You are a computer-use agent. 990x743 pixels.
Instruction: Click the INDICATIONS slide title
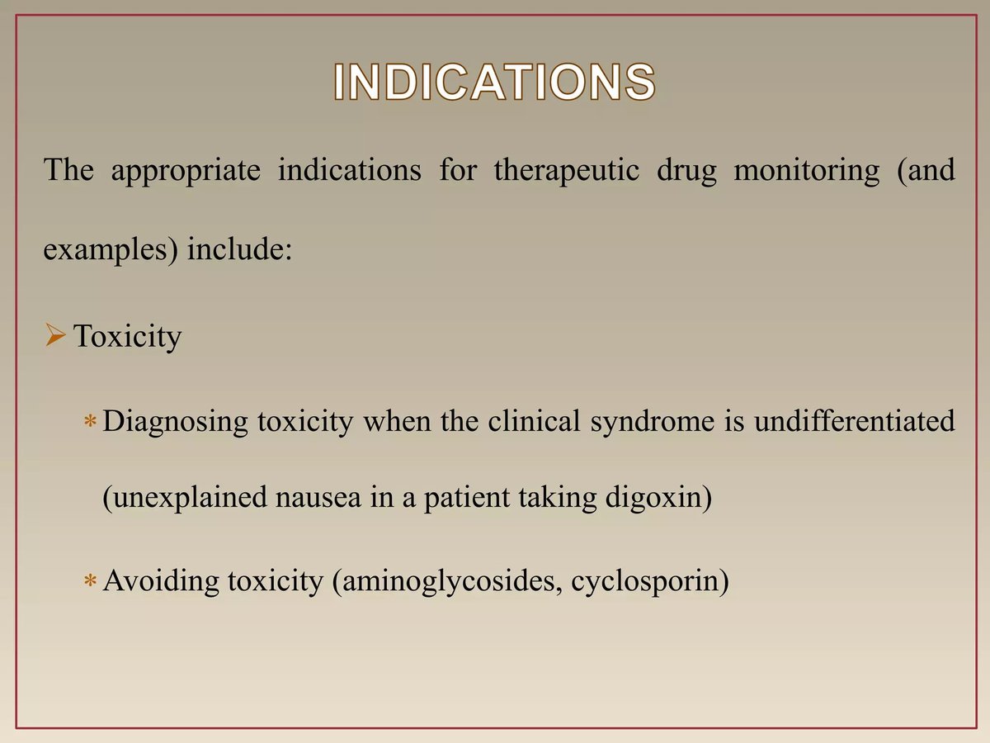click(x=495, y=83)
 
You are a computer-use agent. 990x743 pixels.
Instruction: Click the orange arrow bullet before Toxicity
click(x=54, y=336)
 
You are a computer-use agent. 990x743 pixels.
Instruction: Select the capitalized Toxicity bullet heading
click(x=127, y=337)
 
